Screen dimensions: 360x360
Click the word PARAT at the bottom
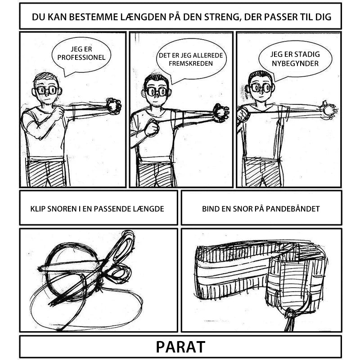(x=180, y=346)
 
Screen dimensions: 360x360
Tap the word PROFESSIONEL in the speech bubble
(x=81, y=58)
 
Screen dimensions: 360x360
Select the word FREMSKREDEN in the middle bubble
(x=191, y=63)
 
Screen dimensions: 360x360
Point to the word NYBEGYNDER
(x=295, y=63)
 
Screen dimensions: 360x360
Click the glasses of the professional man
(x=47, y=90)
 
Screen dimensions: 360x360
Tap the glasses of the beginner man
(x=261, y=88)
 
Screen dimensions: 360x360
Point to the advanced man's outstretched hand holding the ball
(x=221, y=112)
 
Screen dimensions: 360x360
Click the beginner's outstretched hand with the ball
(x=329, y=110)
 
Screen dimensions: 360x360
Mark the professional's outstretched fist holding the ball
(x=113, y=106)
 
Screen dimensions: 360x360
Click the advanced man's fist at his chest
(x=152, y=128)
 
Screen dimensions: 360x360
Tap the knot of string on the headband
(x=290, y=313)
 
